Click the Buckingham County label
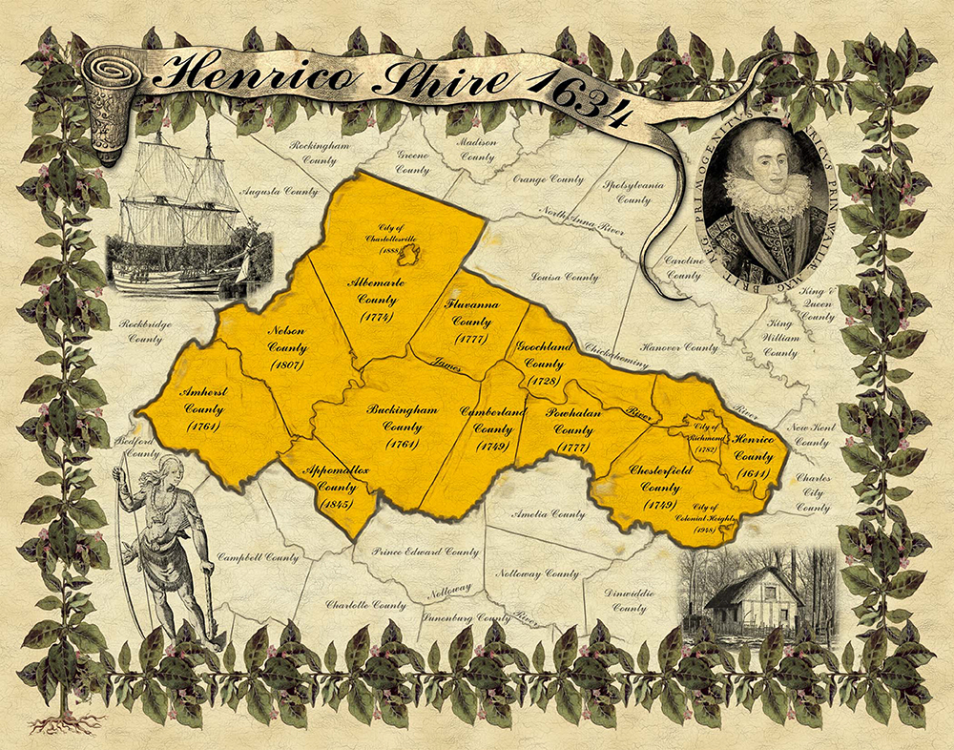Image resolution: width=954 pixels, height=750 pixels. click(402, 427)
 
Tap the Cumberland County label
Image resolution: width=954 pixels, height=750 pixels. click(493, 428)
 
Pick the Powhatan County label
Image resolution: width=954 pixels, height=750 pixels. click(570, 429)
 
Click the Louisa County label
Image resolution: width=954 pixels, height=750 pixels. click(569, 278)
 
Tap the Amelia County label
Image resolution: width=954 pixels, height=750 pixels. click(549, 514)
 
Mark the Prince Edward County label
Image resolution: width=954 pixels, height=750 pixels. click(425, 552)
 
